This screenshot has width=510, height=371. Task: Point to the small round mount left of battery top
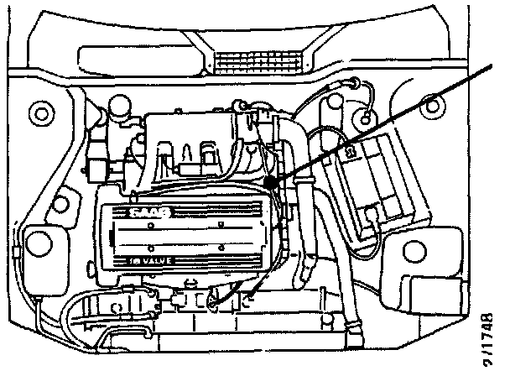pos(364,113)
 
